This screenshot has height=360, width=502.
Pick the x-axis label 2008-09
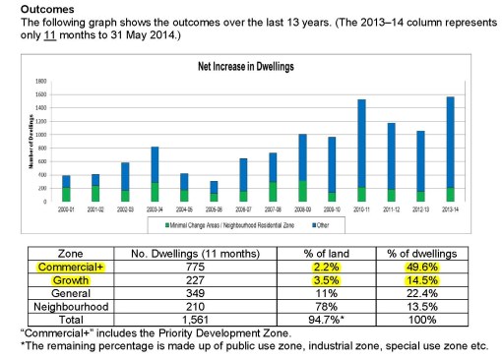[303, 208]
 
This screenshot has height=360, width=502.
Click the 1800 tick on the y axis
[40, 81]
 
